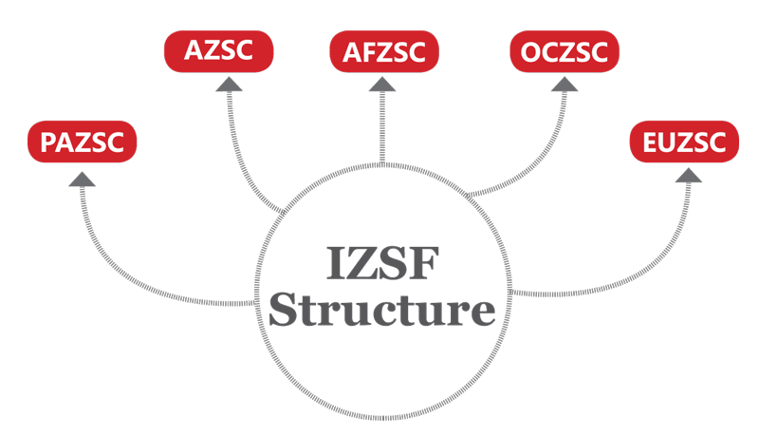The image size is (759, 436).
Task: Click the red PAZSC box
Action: tap(83, 142)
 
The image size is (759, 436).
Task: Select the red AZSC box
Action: tap(219, 50)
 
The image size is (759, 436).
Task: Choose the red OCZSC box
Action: tap(564, 50)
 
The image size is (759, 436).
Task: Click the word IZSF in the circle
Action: tap(382, 265)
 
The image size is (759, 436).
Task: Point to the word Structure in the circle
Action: tap(382, 311)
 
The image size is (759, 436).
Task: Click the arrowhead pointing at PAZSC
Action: tap(83, 179)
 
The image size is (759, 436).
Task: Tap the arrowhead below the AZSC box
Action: tap(230, 84)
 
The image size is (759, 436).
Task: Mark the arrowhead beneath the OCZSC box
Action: tap(565, 84)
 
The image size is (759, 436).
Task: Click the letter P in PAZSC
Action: tap(49, 143)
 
